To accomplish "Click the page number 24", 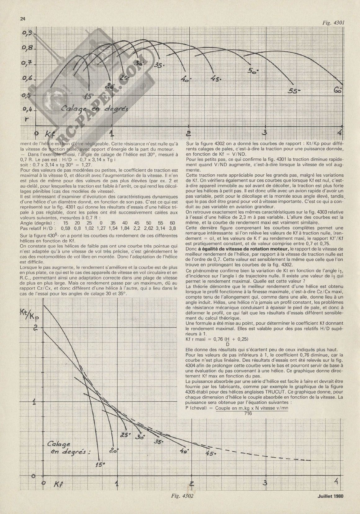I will click(x=22, y=19).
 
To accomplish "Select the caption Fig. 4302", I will click(x=182, y=504).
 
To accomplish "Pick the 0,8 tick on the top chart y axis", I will click(x=29, y=48).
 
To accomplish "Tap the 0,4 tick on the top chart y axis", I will click(x=29, y=110).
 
